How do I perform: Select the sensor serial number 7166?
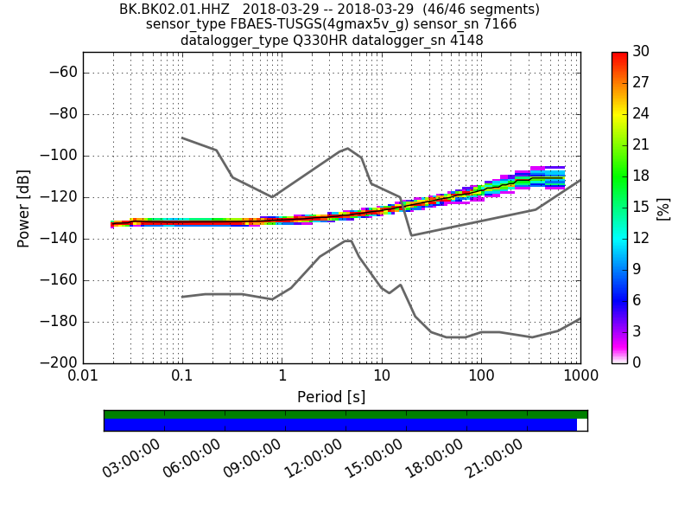499,24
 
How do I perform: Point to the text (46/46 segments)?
472,10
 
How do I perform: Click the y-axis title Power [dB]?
23,208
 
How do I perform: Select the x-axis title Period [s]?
331,397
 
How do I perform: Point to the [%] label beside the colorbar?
663,208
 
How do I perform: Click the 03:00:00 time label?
132,458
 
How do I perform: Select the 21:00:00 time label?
495,458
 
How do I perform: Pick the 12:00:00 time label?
314,458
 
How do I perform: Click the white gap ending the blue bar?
581,425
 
